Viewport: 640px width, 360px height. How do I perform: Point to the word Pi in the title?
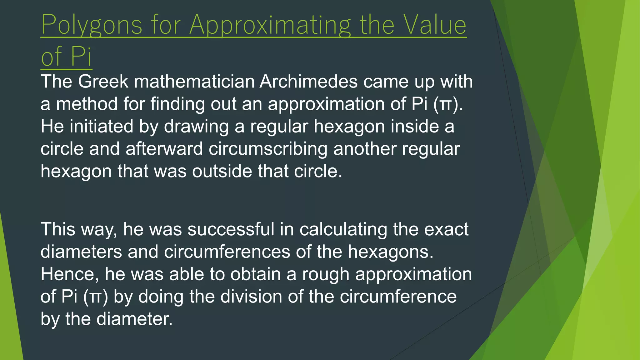tap(81, 56)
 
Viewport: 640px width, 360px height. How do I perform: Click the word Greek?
tap(103, 82)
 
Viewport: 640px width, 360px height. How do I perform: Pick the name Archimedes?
tap(308, 82)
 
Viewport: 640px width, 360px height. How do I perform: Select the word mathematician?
tap(194, 82)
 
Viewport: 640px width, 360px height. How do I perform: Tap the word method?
tap(87, 104)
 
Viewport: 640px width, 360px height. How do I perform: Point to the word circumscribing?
tap(268, 149)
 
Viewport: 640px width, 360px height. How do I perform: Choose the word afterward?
tap(164, 149)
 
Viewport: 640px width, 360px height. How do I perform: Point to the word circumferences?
tap(227, 252)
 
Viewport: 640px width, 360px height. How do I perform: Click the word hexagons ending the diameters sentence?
tap(390, 252)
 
